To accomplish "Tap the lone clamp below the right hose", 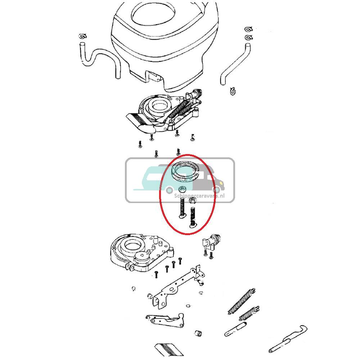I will tap(233, 91).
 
